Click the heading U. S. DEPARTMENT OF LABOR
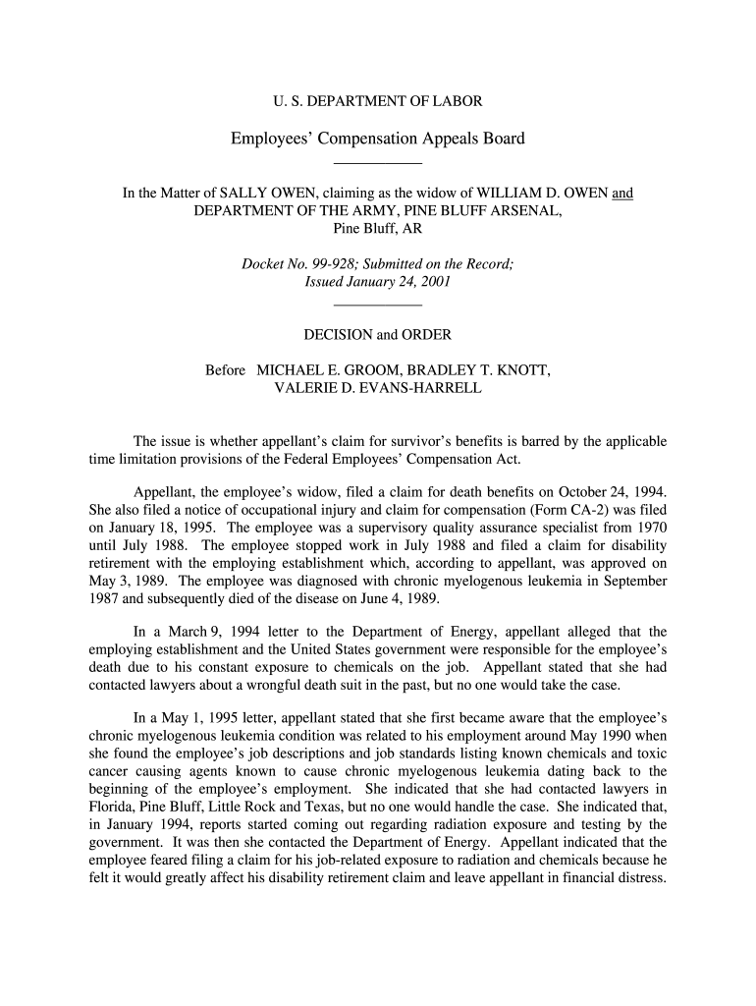pyautogui.click(x=377, y=101)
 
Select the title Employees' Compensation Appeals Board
pyautogui.click(x=377, y=139)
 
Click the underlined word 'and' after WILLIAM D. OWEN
pyautogui.click(x=622, y=194)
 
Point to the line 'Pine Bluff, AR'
pyautogui.click(x=377, y=229)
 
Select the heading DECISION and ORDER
pyautogui.click(x=377, y=335)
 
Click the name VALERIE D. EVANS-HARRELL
pyautogui.click(x=377, y=388)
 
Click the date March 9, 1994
pyautogui.click(x=189, y=632)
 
